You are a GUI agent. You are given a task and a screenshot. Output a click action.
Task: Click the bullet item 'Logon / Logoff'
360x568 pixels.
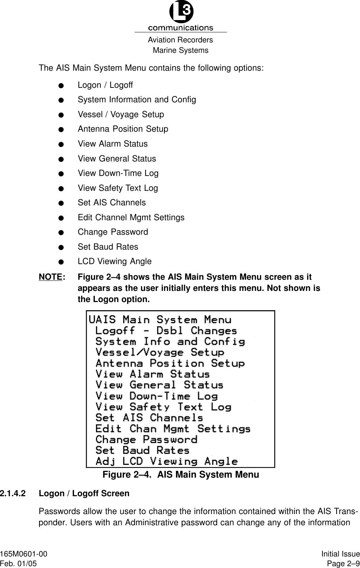(x=105, y=85)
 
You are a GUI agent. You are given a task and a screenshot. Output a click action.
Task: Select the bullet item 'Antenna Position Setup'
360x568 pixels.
(x=123, y=129)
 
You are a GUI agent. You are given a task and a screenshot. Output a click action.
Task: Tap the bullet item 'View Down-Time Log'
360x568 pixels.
(x=118, y=173)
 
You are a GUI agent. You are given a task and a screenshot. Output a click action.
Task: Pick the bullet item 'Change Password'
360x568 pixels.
(x=113, y=232)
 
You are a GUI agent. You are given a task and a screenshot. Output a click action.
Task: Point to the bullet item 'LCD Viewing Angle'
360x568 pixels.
(x=115, y=261)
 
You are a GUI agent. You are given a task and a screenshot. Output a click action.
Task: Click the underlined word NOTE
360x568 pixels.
(x=51, y=277)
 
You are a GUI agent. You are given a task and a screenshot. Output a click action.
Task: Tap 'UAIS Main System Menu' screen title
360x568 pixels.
(x=160, y=320)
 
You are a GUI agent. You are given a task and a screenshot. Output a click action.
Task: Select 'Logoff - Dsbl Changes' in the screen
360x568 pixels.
(x=166, y=331)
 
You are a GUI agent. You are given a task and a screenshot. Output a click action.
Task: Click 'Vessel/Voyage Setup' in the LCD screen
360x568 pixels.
(x=160, y=352)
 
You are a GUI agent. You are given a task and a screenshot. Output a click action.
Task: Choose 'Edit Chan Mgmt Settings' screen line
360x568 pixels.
(x=173, y=429)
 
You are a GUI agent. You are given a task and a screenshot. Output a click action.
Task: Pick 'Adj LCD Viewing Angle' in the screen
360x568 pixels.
(x=167, y=462)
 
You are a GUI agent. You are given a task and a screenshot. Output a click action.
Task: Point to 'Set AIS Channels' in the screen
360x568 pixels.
(x=149, y=418)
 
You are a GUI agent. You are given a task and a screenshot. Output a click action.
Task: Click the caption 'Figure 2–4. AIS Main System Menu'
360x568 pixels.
(x=181, y=475)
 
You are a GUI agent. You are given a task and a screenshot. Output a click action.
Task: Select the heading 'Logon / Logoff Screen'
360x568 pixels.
(x=84, y=494)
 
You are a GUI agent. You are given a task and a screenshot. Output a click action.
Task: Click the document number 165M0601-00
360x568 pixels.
(x=24, y=554)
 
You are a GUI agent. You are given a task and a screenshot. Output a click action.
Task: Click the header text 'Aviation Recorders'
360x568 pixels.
(x=180, y=40)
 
